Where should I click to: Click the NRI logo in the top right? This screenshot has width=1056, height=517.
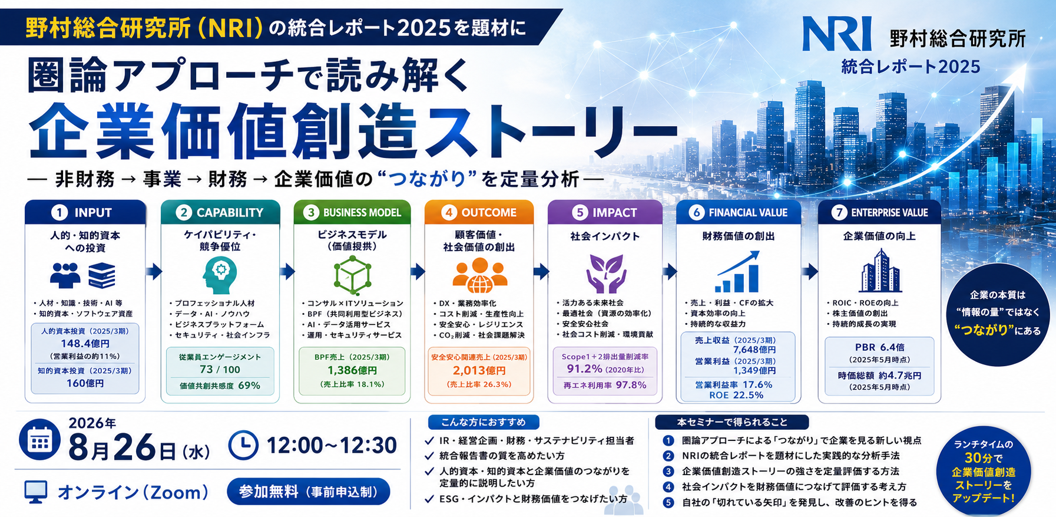click(837, 34)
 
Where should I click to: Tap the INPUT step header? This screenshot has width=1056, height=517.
click(85, 212)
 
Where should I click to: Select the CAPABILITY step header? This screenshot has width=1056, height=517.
click(220, 212)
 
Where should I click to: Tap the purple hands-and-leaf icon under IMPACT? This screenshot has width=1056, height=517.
click(605, 274)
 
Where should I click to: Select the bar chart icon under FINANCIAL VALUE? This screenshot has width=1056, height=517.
click(737, 272)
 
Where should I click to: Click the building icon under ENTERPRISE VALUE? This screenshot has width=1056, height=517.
click(880, 271)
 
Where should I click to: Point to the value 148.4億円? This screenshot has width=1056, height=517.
click(85, 343)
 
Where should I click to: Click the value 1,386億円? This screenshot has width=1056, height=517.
click(352, 370)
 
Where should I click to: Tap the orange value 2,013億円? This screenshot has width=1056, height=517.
click(479, 370)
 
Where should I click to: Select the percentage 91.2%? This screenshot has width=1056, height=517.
click(584, 369)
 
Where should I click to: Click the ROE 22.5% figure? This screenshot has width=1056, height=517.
click(736, 395)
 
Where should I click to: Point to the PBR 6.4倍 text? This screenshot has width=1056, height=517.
click(880, 347)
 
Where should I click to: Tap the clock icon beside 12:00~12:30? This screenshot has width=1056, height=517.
click(243, 445)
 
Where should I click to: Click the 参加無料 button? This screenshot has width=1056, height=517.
click(308, 492)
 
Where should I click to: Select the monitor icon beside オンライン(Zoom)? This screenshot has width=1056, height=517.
click(36, 492)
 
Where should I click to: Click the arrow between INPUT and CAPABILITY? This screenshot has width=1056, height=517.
click(154, 271)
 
